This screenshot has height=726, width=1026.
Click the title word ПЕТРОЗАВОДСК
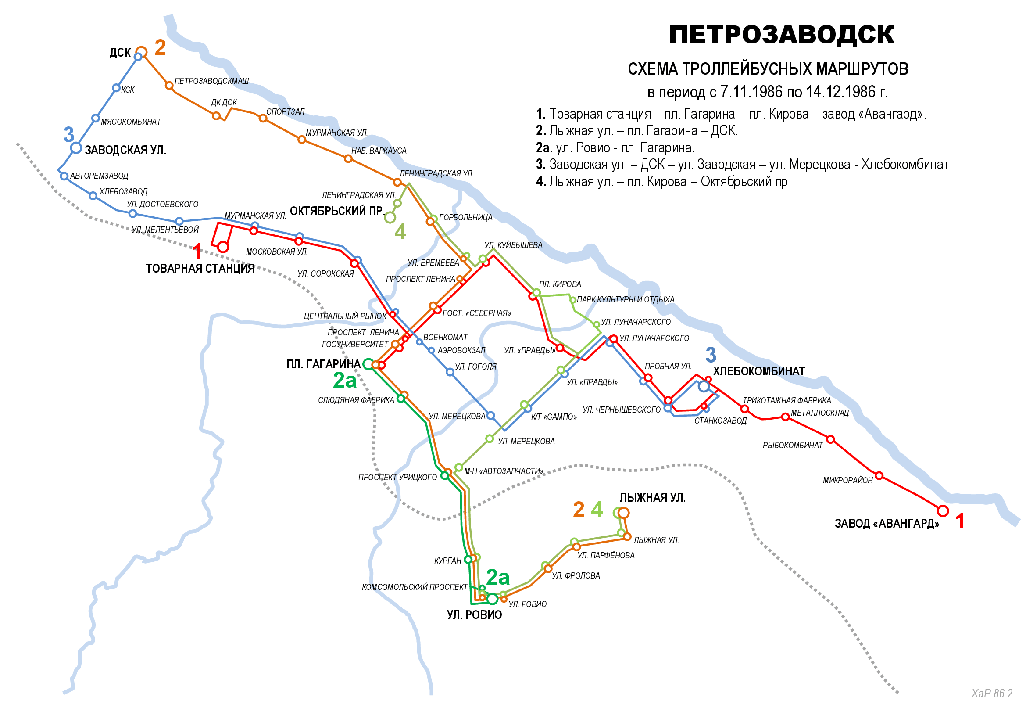click(781, 35)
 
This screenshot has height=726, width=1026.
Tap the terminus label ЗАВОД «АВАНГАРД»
click(887, 524)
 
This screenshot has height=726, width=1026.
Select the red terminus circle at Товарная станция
click(223, 247)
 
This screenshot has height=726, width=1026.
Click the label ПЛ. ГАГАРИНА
click(323, 364)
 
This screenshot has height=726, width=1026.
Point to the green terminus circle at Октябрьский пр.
click(390, 218)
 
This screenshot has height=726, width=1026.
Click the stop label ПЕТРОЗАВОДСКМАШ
click(211, 81)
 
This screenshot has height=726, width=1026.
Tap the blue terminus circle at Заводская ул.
click(76, 147)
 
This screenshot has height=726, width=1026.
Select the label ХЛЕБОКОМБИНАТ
click(758, 371)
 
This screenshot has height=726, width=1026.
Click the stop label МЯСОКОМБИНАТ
click(130, 122)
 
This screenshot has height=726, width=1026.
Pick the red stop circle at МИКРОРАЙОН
click(879, 476)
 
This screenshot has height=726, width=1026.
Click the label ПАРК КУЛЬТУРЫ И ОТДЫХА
click(625, 299)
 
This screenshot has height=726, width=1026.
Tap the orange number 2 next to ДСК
click(160, 47)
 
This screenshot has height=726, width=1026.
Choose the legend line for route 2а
click(615, 147)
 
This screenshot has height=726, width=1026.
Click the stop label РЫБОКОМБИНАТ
click(792, 446)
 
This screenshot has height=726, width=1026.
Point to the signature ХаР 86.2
click(992, 694)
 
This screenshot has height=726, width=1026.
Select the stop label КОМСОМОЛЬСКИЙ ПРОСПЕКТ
click(414, 587)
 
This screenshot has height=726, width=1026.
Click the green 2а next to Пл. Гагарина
click(344, 381)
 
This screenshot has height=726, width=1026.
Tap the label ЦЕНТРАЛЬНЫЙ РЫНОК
click(345, 316)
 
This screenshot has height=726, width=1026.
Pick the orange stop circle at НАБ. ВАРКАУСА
click(348, 159)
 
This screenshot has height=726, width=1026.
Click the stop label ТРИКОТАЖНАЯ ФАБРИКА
click(786, 401)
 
